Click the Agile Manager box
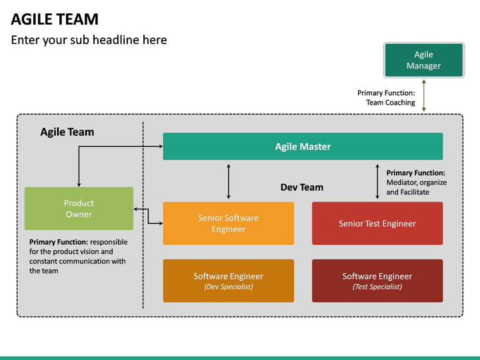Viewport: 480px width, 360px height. pos(423,60)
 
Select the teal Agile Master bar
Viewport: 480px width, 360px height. pos(303,147)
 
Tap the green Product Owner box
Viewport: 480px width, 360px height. pos(79,209)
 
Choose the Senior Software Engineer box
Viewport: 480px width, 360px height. pos(228,223)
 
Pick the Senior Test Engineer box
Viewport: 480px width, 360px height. pos(377,223)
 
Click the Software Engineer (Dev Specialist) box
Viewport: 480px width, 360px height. pos(228,281)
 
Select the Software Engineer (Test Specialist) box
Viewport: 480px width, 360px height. pos(377,281)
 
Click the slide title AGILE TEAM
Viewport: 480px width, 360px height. pos(55,19)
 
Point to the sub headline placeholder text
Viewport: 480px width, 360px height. pos(89,40)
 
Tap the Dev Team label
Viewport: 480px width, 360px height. pos(301,187)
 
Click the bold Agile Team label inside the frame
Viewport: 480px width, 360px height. pos(67,132)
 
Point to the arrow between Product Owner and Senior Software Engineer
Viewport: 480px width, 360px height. pos(148,216)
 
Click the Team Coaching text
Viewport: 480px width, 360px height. pos(390,103)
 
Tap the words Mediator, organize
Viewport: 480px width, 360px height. pos(417,182)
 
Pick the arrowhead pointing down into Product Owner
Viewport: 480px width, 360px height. pos(79,183)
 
